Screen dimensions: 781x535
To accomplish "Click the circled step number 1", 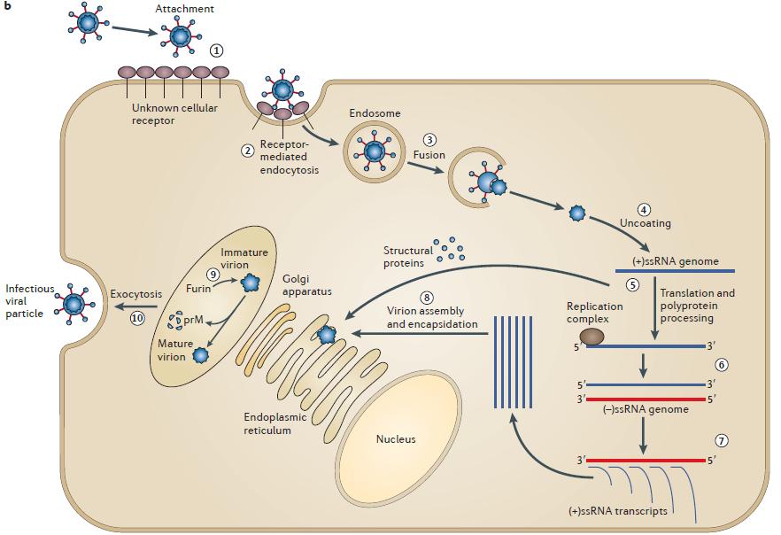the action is coord(216,50).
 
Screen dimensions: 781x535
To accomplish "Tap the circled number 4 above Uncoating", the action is coord(644,210).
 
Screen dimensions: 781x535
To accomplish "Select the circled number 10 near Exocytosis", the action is coord(137,317).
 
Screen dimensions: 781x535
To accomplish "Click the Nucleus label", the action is coord(396,438).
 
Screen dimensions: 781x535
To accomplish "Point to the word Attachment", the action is coord(184,9).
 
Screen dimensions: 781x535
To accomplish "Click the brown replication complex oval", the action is coord(592,337).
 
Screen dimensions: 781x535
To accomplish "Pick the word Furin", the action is coord(198,289).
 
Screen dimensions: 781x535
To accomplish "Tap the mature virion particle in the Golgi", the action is coord(200,355).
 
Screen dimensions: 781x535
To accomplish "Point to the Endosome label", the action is coord(375,113).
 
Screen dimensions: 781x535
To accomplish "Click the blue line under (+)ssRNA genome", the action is coord(675,271).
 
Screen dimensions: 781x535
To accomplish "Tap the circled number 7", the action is coord(721,440).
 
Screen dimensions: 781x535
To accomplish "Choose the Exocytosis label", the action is coord(136,294).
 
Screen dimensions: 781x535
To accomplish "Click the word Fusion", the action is coord(429,155).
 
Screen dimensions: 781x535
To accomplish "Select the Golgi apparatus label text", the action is coord(306,285).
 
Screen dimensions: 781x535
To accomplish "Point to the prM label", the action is coord(193,320).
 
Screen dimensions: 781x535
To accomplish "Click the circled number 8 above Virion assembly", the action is coord(427,298).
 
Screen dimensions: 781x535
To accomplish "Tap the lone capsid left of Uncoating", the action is coord(577,213).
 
